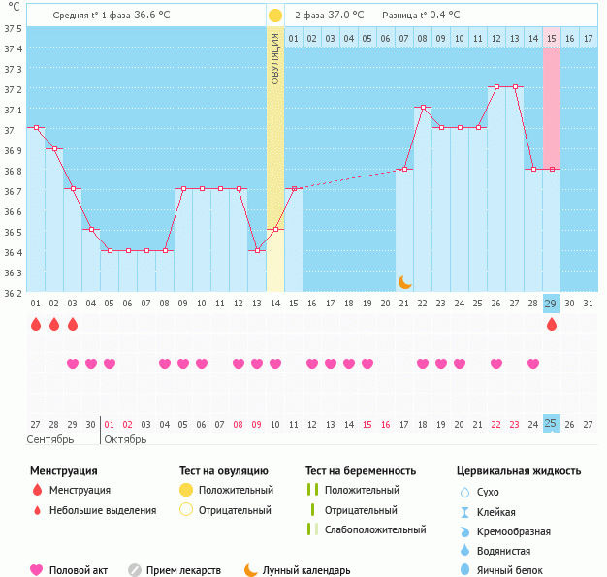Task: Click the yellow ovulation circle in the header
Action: pos(275,16)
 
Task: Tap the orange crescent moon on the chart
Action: pos(404,282)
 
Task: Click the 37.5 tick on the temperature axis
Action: pos(13,28)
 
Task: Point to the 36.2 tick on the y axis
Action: pos(13,292)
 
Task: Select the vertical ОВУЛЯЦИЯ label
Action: pos(275,58)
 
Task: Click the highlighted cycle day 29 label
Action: pos(551,304)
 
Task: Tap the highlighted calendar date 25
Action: pos(551,424)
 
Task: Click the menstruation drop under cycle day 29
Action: pos(551,325)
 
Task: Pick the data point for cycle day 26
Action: pos(496,86)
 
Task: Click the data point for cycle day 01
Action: pos(36,127)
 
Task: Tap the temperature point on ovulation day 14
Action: pos(275,229)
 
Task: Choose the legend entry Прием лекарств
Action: pos(182,570)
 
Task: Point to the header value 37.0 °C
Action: pos(343,16)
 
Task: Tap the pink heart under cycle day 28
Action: pos(532,364)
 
